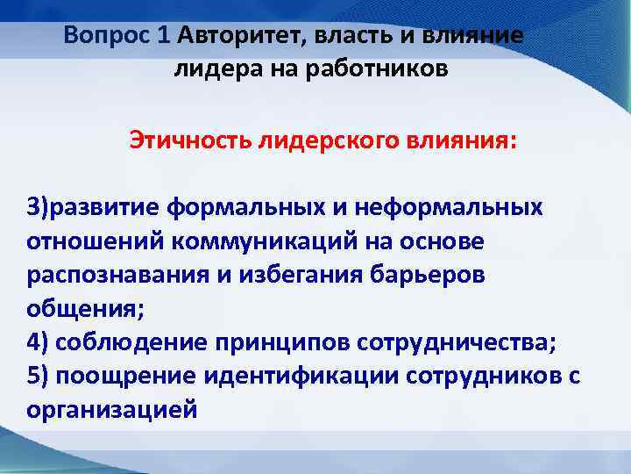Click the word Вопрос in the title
point(108,36)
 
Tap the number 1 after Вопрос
point(163,36)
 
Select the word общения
point(74,308)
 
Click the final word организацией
point(111,408)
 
